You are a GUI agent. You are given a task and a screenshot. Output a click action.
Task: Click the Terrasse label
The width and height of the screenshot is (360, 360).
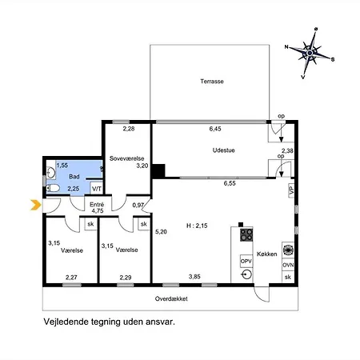point(212,82)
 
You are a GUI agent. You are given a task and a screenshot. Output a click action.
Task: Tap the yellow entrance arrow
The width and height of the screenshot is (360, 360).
point(36,205)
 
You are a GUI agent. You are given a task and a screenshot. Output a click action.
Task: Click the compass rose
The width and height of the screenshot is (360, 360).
point(310,54)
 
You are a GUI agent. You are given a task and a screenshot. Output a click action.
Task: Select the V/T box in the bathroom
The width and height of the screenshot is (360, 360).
point(97,189)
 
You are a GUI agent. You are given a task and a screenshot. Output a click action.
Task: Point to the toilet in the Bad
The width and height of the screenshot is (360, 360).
point(53,188)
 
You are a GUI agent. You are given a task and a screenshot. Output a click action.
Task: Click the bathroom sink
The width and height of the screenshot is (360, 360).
point(50,173)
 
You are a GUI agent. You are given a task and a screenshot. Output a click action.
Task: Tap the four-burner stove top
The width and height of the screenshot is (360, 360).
point(246,234)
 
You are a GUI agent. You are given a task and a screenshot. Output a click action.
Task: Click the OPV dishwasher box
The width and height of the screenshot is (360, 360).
point(246,262)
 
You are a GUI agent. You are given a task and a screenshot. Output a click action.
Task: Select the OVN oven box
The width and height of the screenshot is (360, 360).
point(288,265)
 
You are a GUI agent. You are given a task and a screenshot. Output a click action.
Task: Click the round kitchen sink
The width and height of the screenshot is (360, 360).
point(246,274)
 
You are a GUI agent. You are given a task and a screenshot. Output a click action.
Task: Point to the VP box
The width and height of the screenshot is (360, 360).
point(291,190)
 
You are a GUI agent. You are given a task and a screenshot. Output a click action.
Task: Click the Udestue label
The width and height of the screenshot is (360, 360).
point(223,150)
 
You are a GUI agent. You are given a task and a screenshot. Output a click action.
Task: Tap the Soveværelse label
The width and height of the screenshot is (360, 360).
point(126,158)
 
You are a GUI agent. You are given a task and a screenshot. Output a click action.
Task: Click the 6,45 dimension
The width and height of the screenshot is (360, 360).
point(215,129)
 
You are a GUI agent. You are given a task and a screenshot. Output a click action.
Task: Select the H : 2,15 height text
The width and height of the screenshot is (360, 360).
point(197,226)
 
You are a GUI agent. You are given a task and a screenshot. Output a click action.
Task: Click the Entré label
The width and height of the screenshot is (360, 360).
point(97,205)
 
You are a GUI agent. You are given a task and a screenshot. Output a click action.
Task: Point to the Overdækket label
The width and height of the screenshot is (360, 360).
point(171,298)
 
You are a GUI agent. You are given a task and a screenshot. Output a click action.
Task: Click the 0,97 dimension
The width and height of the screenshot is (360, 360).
point(138,205)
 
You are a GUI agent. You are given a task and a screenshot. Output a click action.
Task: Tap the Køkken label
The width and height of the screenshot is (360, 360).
point(266,254)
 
